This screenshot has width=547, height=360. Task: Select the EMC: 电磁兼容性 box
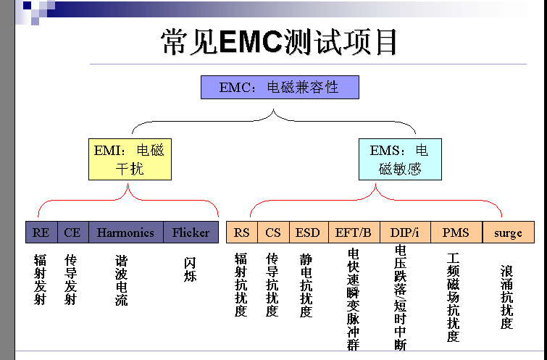pyautogui.click(x=280, y=88)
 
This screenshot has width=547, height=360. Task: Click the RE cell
pyautogui.click(x=41, y=233)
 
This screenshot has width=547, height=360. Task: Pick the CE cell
pyautogui.click(x=72, y=233)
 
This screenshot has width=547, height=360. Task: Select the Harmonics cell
pyautogui.click(x=125, y=233)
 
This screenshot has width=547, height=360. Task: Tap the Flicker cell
pyautogui.click(x=191, y=233)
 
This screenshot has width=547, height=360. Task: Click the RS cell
pyautogui.click(x=241, y=233)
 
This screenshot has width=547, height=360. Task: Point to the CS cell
pyautogui.click(x=272, y=233)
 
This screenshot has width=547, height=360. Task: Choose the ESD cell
pyautogui.click(x=308, y=233)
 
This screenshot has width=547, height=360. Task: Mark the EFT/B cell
pyautogui.click(x=354, y=233)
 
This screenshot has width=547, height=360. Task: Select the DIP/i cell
pyautogui.click(x=405, y=233)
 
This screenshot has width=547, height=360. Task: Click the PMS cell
pyautogui.click(x=456, y=233)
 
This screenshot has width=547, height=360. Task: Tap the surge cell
pyautogui.click(x=508, y=233)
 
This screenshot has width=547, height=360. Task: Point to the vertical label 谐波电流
pyautogui.click(x=121, y=280)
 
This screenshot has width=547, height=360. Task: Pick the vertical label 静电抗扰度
pyautogui.click(x=306, y=285)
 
